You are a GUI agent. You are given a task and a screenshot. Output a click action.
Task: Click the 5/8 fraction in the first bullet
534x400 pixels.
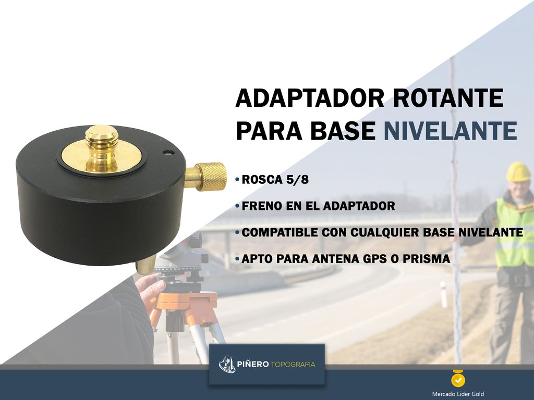(x=298, y=180)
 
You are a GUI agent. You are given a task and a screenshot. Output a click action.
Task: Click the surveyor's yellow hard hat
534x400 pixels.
(x=518, y=171)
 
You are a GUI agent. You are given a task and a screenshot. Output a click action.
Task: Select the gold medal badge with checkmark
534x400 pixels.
(x=458, y=378)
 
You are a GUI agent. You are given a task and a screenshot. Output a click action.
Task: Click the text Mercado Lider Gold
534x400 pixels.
(x=458, y=394)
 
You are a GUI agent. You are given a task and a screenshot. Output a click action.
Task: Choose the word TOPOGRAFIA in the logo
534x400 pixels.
(x=293, y=364)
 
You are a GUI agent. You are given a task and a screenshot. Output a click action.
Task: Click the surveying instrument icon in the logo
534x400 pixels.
(x=227, y=364)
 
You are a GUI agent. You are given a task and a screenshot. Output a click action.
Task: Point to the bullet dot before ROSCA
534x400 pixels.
(x=237, y=180)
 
